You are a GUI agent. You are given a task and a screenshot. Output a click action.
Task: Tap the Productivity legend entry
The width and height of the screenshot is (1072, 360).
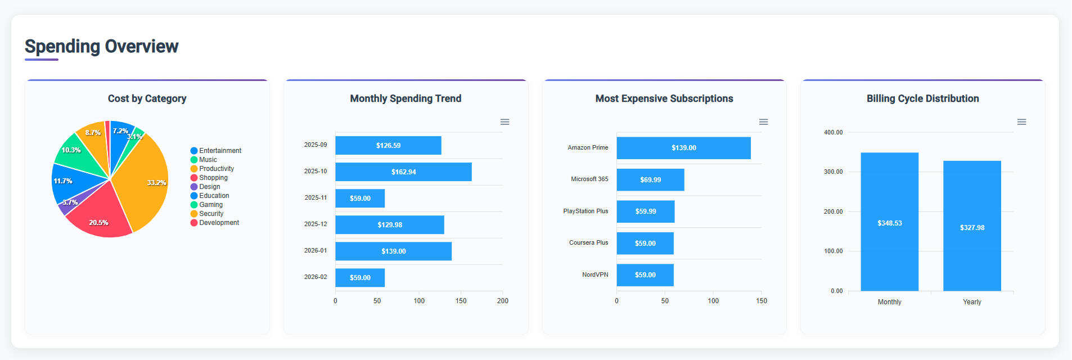coord(216,169)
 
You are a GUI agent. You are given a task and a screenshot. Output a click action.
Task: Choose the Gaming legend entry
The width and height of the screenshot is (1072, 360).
coord(210,205)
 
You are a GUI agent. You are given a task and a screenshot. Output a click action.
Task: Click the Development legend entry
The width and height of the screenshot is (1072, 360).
coord(219,223)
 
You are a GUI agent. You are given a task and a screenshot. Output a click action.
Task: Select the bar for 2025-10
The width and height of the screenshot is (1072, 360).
coord(403,172)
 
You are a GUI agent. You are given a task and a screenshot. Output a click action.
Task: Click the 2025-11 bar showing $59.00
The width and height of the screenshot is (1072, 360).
coord(360,199)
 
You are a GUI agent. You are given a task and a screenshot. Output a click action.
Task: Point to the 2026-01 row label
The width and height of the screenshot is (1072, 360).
coord(316,251)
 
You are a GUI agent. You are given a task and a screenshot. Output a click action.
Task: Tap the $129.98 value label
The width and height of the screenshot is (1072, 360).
coord(390,225)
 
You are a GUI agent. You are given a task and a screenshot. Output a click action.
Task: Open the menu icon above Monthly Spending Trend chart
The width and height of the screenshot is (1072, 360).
coord(505,122)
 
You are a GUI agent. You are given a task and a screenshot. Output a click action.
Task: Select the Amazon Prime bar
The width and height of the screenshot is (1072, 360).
coord(683,148)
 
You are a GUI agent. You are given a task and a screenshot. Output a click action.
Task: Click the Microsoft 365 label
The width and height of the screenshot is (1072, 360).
coord(589,179)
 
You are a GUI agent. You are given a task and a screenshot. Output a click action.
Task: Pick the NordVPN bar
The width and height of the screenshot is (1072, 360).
coord(645,275)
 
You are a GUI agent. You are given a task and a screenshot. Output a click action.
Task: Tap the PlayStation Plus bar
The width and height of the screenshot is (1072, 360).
coord(646,211)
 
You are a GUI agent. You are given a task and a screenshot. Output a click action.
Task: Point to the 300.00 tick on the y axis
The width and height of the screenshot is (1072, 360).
coord(834,172)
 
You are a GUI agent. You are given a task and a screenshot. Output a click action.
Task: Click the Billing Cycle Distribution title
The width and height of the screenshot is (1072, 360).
coord(922,98)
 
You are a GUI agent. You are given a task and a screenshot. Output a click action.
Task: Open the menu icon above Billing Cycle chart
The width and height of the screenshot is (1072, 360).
coord(1022,122)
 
